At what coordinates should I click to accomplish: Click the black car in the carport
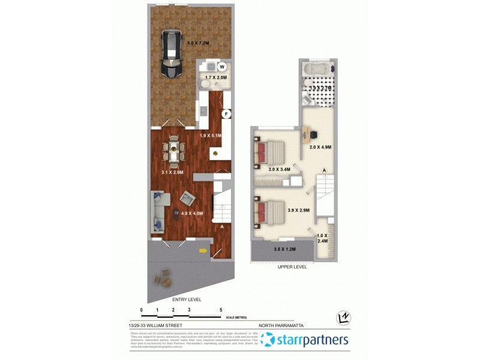click(172, 55)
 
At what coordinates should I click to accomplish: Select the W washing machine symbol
click(221, 67)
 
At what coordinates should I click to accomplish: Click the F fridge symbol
click(226, 113)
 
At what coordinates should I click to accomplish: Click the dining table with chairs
click(174, 152)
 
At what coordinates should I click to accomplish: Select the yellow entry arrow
click(203, 251)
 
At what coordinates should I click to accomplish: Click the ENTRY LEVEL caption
click(187, 299)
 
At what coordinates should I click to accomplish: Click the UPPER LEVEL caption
click(292, 267)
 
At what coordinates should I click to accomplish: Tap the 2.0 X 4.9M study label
click(320, 147)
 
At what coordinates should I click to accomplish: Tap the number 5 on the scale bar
click(221, 310)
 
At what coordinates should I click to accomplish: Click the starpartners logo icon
click(268, 340)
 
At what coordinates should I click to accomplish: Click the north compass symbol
click(344, 316)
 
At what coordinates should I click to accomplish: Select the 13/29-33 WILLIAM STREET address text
click(155, 325)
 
